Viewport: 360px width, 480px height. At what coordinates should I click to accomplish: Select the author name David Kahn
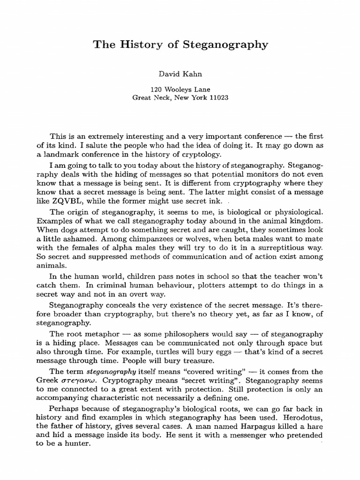[x=180, y=74]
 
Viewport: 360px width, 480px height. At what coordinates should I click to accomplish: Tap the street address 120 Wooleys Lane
[x=180, y=90]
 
